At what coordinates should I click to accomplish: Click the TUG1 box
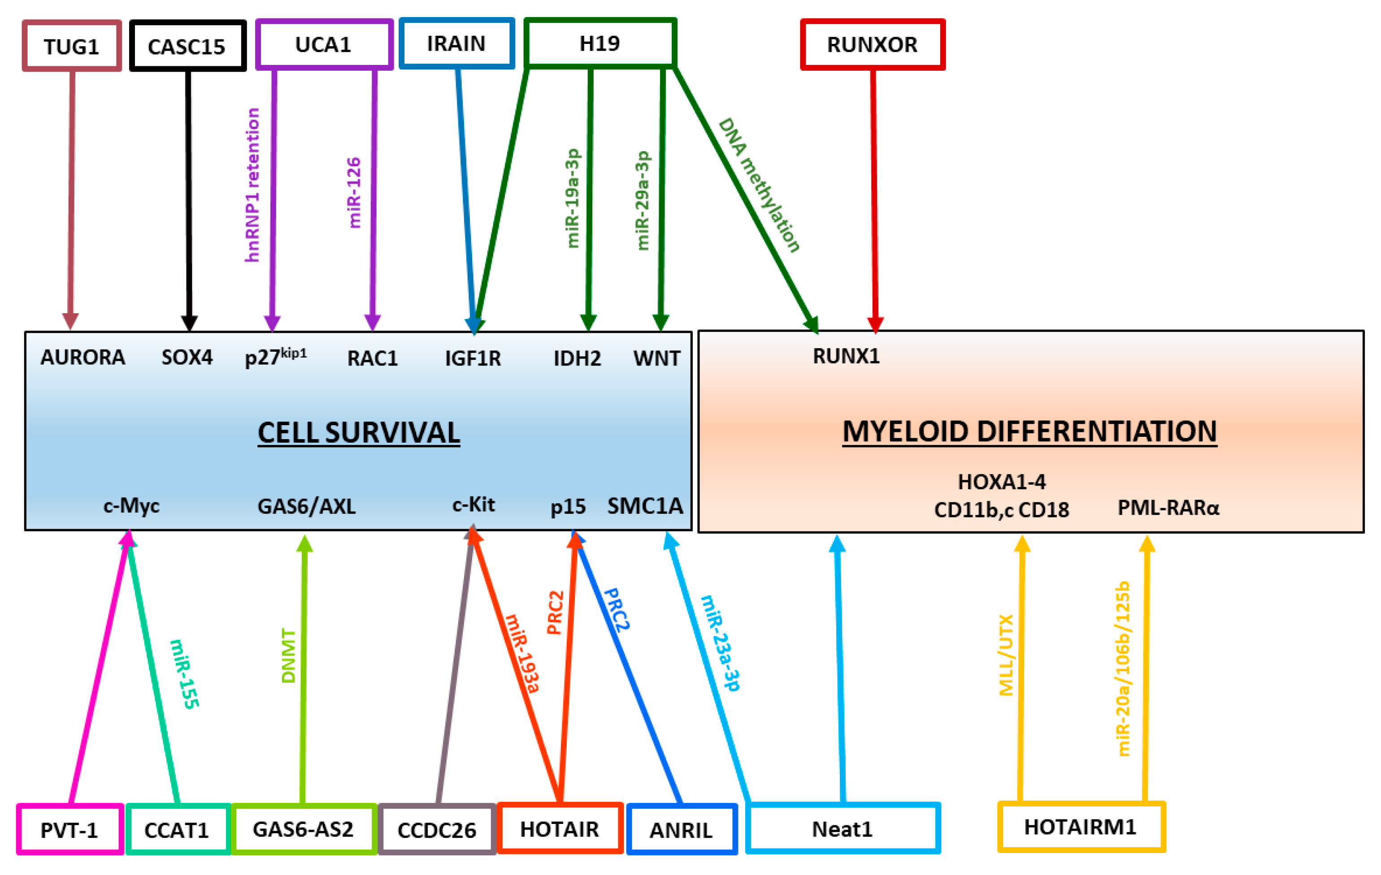pos(72,46)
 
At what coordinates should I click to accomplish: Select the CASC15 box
pos(187,46)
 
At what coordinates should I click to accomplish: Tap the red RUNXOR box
pos(872,45)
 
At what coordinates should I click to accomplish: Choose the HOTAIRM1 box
pos(1081,827)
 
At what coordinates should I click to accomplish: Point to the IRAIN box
pos(456,43)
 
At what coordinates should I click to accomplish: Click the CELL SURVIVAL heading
pos(358,433)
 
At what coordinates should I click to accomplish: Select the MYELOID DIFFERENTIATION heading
pos(1029,431)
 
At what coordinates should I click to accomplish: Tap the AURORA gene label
pos(83,358)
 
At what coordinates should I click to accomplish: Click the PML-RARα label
pos(1168,508)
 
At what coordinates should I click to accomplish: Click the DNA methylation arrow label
pos(759,185)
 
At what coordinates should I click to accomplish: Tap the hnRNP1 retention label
pos(252,185)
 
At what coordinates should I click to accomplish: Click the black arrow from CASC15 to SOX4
pos(188,195)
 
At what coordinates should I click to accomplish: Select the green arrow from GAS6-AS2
pos(304,670)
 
